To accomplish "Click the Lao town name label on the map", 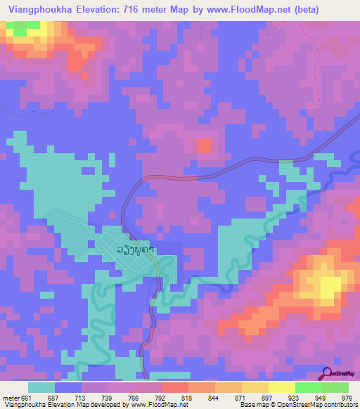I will click(136, 249).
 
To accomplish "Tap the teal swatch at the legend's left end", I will click(41, 387).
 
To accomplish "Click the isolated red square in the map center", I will click(205, 146).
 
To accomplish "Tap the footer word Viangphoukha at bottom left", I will click(25, 405).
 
